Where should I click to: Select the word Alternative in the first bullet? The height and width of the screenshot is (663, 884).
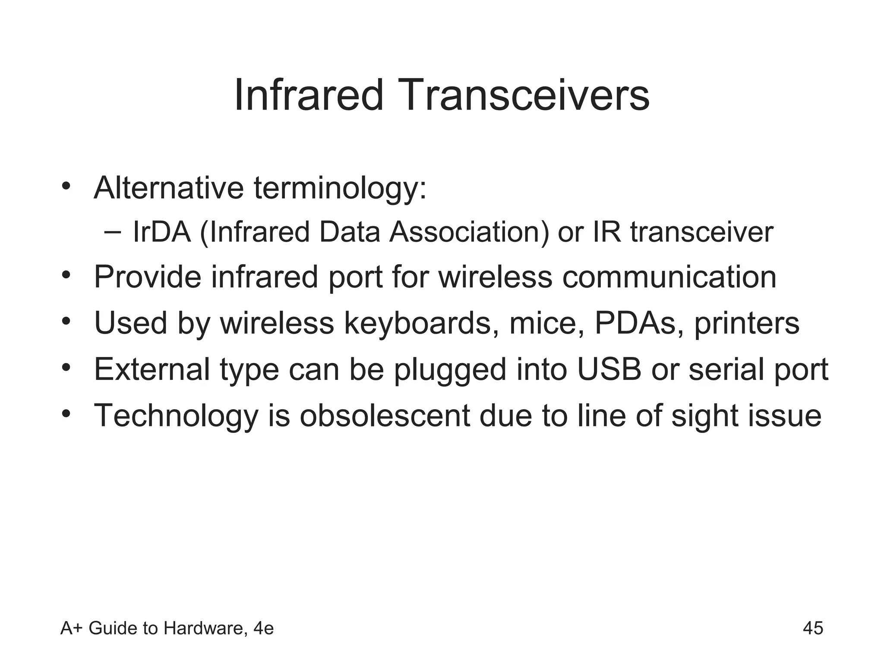click(169, 188)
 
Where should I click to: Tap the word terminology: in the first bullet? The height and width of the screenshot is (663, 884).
click(340, 189)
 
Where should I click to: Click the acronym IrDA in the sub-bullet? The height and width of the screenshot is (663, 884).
click(162, 232)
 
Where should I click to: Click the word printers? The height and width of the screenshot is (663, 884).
click(746, 323)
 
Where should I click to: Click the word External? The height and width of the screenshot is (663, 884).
click(152, 369)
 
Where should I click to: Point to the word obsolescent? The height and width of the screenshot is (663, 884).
click(385, 416)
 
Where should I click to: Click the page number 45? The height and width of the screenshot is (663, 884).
click(813, 628)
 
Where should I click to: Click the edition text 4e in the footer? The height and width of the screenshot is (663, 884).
click(263, 628)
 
